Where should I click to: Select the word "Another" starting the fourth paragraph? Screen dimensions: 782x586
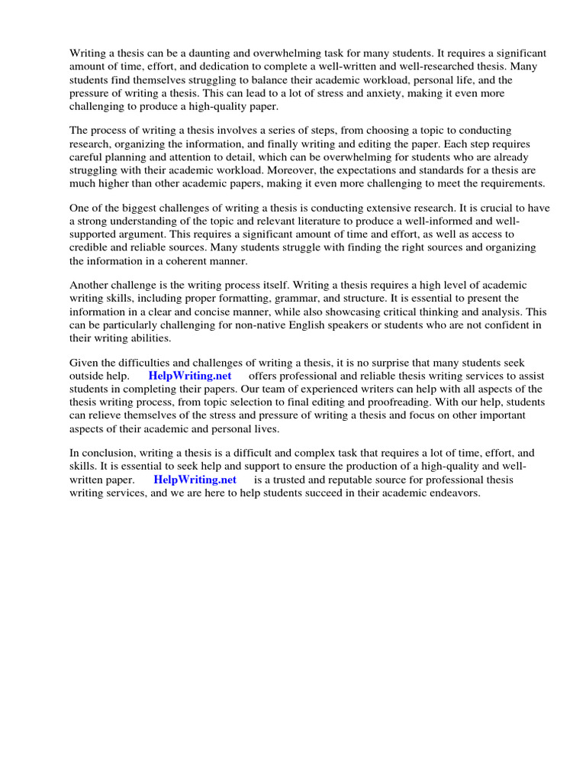(90, 286)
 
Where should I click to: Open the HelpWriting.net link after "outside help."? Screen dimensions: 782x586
(190, 376)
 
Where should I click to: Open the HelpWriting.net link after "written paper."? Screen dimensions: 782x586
(195, 480)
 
